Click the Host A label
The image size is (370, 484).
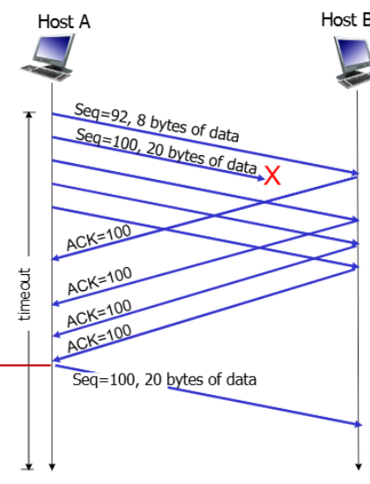(x=64, y=22)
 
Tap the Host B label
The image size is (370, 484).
(x=345, y=20)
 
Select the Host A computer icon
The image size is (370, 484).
(x=48, y=57)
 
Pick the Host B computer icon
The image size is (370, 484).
(x=352, y=63)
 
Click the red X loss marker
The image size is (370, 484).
(x=272, y=175)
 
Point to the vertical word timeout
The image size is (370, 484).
(x=25, y=294)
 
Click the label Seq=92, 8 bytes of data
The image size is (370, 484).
(x=157, y=123)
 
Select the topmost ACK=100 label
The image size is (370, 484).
(x=99, y=237)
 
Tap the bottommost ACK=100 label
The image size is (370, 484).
(x=100, y=339)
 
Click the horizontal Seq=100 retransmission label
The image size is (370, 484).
(x=165, y=379)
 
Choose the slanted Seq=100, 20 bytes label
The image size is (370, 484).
(x=166, y=152)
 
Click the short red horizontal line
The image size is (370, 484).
(x=26, y=366)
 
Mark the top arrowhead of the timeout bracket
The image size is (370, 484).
(x=29, y=115)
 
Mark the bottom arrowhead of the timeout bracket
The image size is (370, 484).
(x=29, y=466)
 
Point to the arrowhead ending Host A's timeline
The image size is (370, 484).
(x=52, y=467)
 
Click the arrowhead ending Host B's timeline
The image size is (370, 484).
(x=359, y=467)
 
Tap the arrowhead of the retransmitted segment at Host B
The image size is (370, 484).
(x=359, y=424)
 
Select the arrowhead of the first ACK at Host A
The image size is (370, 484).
(x=55, y=257)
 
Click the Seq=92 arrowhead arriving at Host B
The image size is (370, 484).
(x=356, y=173)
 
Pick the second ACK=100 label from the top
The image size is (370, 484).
(x=100, y=280)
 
